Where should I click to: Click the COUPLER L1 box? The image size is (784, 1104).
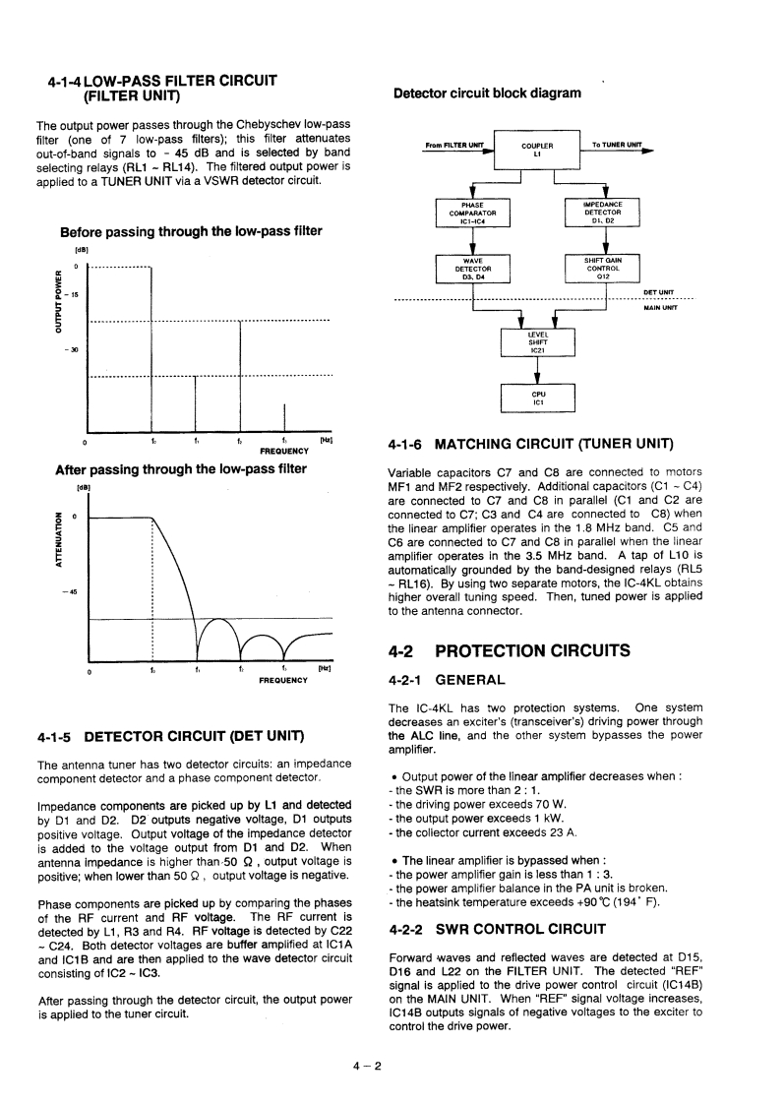(x=538, y=150)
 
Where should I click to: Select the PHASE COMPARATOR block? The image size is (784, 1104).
(x=472, y=213)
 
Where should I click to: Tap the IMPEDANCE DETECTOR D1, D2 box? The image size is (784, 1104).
(x=604, y=213)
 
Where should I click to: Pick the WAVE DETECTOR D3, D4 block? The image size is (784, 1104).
(x=472, y=269)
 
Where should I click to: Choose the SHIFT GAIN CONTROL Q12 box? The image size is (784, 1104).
(x=604, y=269)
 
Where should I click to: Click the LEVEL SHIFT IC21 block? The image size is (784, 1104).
(x=538, y=341)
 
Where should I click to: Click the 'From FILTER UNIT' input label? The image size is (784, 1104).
(x=454, y=147)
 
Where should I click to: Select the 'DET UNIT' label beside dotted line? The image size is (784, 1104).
(x=658, y=291)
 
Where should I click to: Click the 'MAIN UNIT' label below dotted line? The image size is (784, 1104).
(x=658, y=307)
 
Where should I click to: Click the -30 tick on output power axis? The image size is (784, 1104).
(x=72, y=349)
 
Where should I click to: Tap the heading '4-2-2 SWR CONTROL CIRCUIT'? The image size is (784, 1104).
(x=498, y=929)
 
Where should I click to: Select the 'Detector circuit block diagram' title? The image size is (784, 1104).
(x=487, y=93)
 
